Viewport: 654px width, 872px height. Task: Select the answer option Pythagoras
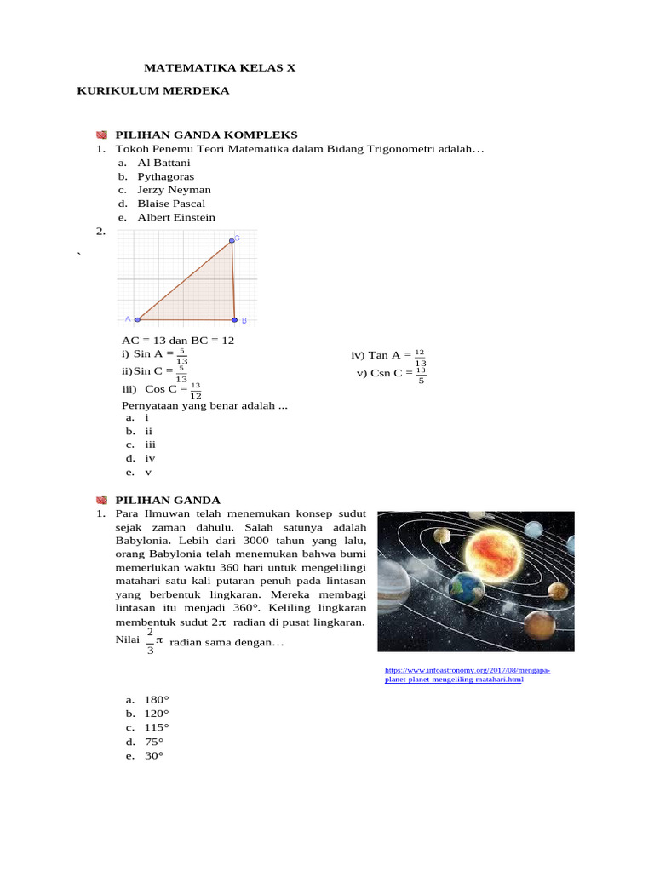pyautogui.click(x=166, y=176)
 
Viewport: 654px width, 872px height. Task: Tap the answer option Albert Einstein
pyautogui.click(x=176, y=217)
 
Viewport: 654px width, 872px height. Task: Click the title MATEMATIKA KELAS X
pyautogui.click(x=220, y=66)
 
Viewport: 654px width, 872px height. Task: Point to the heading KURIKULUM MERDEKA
pyautogui.click(x=153, y=90)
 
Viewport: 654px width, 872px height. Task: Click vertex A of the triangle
pyautogui.click(x=137, y=320)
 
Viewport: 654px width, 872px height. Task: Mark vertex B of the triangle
pyautogui.click(x=235, y=320)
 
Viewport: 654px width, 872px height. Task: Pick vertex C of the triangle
pyautogui.click(x=231, y=241)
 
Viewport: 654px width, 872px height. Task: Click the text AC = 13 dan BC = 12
pyautogui.click(x=178, y=340)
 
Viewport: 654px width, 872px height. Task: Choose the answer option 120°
pyautogui.click(x=157, y=713)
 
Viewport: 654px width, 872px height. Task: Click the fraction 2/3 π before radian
pyautogui.click(x=152, y=642)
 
